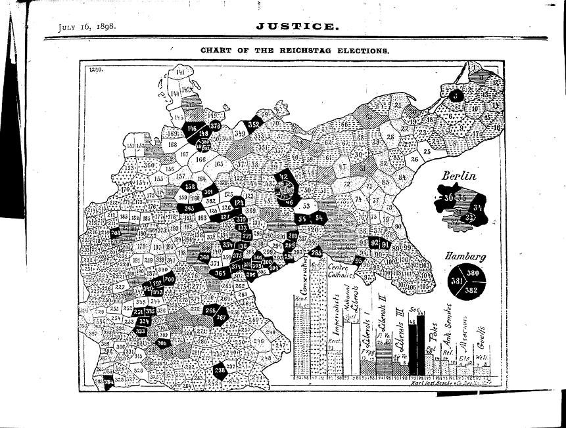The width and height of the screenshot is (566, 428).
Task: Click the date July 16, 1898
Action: [87, 27]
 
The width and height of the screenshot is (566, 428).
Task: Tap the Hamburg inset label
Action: [465, 257]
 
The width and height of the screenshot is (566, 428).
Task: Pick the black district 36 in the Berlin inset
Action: [448, 197]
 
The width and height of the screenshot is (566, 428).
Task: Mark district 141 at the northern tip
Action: [179, 72]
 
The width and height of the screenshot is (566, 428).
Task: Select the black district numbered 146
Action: [192, 127]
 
